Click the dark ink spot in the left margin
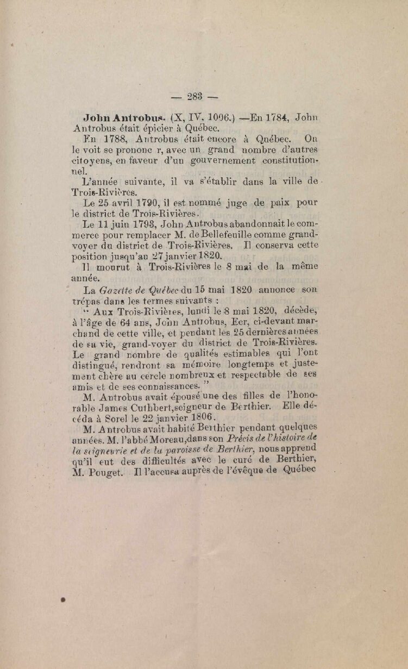(x=63, y=600)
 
